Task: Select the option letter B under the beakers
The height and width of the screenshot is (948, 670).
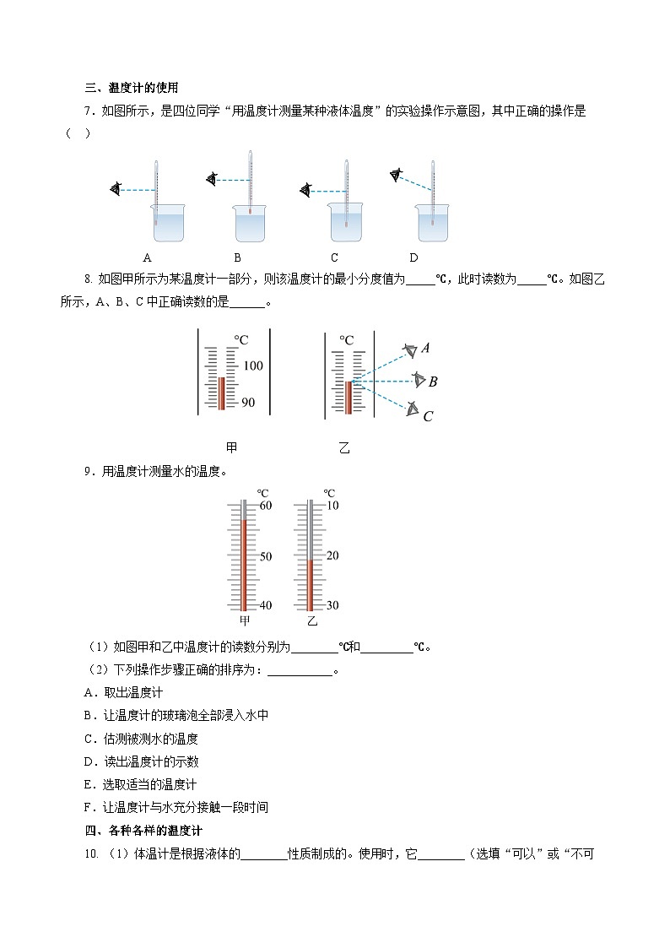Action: pyautogui.click(x=238, y=257)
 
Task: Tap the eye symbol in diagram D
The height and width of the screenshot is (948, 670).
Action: pyautogui.click(x=396, y=175)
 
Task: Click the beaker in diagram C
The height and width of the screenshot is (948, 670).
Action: pyautogui.click(x=345, y=224)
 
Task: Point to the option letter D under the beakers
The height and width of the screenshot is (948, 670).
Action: pyautogui.click(x=413, y=257)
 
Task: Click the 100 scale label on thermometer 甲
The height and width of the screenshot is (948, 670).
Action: pyautogui.click(x=253, y=366)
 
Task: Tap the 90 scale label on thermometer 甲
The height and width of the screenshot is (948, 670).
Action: pyautogui.click(x=248, y=403)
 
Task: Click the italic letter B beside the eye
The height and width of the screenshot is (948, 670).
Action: pyautogui.click(x=433, y=382)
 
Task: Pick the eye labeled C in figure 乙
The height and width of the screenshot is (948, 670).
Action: pyautogui.click(x=412, y=409)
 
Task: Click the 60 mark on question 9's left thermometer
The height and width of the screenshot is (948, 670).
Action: pyautogui.click(x=265, y=505)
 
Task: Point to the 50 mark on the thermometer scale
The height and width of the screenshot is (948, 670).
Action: pyautogui.click(x=265, y=556)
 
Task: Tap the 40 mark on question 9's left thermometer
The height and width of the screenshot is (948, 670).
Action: pyautogui.click(x=265, y=605)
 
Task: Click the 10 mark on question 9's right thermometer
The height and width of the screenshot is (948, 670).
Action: pyautogui.click(x=332, y=505)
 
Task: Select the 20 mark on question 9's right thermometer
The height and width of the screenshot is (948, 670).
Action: pyautogui.click(x=332, y=555)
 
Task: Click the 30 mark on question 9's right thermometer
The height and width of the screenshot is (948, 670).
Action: pyautogui.click(x=332, y=605)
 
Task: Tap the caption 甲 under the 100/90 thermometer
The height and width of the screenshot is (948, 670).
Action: pyautogui.click(x=232, y=447)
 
